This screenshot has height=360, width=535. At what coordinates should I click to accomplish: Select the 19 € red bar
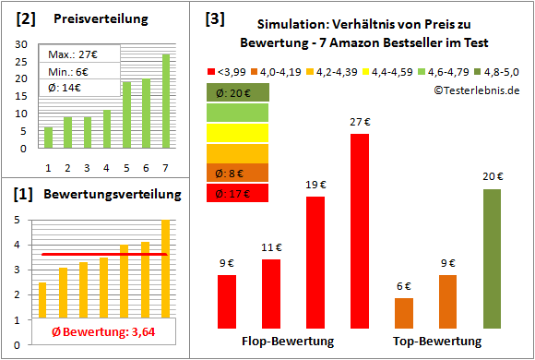[x=315, y=263]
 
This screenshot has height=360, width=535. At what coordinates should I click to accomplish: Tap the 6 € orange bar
[x=404, y=314]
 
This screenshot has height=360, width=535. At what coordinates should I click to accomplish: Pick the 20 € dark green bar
[x=492, y=258]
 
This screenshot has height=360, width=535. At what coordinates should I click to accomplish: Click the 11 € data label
[x=271, y=248]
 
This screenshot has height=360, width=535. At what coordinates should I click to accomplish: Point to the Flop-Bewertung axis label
[x=288, y=342]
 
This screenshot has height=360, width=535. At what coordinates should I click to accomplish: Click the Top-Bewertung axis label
[x=437, y=342]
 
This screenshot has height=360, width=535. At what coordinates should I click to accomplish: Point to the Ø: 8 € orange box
[x=237, y=173]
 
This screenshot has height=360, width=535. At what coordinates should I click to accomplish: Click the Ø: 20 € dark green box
[x=237, y=92]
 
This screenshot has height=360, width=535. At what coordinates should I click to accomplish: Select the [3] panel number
[x=215, y=18]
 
